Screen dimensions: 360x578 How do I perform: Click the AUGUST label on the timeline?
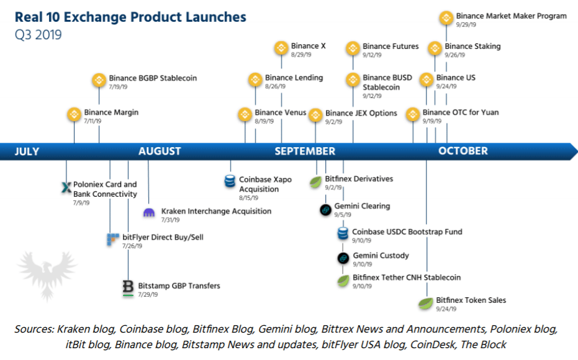(160, 151)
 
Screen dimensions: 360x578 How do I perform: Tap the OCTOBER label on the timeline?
(463, 151)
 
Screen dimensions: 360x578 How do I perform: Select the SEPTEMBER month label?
(305, 151)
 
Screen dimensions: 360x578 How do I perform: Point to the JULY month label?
(27, 151)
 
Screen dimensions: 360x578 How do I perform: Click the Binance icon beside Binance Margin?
(74, 114)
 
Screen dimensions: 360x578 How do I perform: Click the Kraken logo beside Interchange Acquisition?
(149, 213)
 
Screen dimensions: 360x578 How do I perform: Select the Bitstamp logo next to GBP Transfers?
(128, 288)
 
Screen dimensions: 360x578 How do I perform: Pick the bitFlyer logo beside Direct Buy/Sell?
(112, 239)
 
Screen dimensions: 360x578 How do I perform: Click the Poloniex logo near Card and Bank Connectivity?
(66, 186)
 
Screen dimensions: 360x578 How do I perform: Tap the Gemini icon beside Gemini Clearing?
(325, 210)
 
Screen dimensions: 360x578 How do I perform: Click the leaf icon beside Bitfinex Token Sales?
(425, 304)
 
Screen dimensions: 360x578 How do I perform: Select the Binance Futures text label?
(391, 47)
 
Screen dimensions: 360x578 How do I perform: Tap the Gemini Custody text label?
(381, 256)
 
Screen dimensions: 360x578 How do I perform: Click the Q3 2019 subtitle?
(38, 35)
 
